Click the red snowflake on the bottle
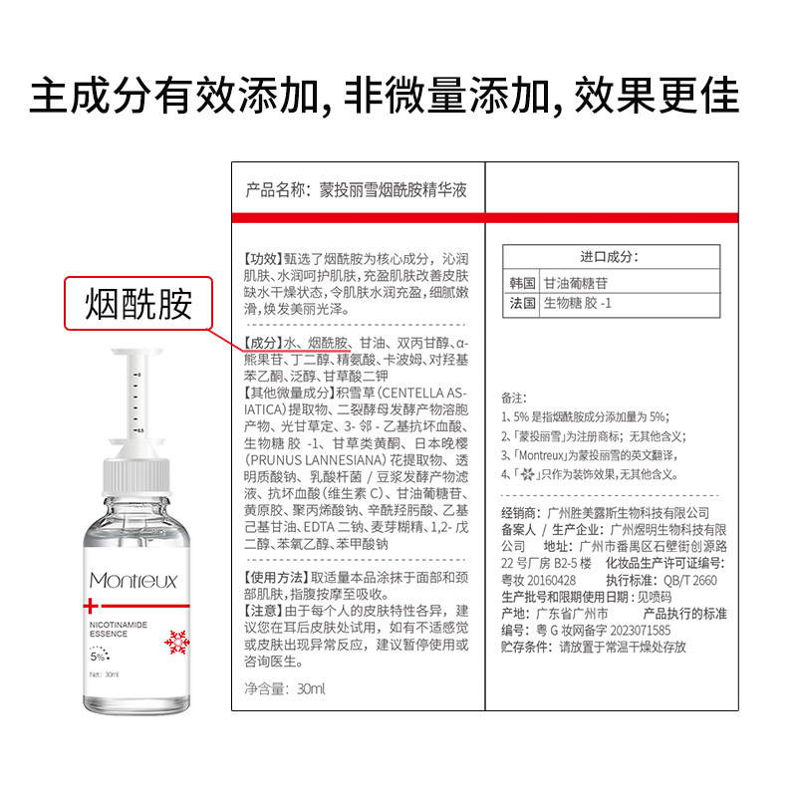(x=177, y=643)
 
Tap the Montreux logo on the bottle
(x=133, y=580)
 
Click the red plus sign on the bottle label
(x=91, y=606)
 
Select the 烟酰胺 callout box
(x=138, y=304)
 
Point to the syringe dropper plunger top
(x=136, y=352)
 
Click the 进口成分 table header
(x=611, y=257)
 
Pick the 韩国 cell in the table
(x=522, y=283)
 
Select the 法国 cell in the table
(x=522, y=304)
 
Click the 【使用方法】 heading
(x=277, y=577)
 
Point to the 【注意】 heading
(x=263, y=611)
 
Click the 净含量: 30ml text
(x=285, y=688)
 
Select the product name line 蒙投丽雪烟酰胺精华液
(x=393, y=190)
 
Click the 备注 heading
(x=514, y=398)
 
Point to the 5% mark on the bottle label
(x=98, y=657)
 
